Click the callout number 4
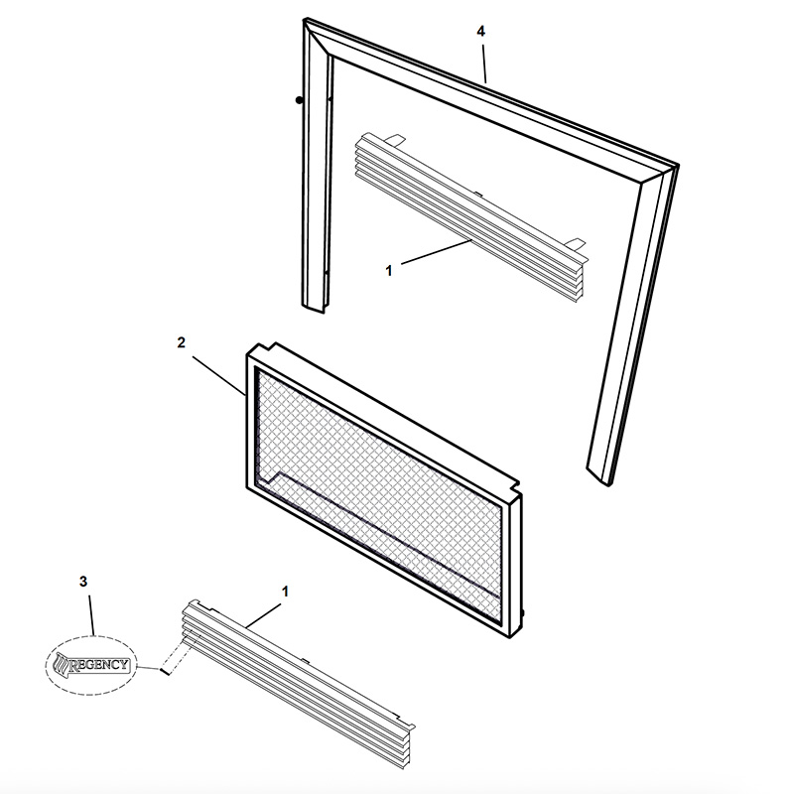(x=480, y=32)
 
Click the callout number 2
(x=182, y=342)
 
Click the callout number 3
(x=83, y=582)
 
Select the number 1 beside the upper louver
(x=389, y=271)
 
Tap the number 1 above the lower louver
(x=285, y=592)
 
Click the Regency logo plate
(x=91, y=665)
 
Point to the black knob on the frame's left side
(x=300, y=100)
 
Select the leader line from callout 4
(x=484, y=64)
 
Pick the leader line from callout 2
(x=219, y=376)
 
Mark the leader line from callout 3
(x=92, y=615)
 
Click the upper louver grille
(x=471, y=217)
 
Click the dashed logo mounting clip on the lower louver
(x=176, y=656)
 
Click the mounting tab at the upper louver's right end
(x=577, y=244)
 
